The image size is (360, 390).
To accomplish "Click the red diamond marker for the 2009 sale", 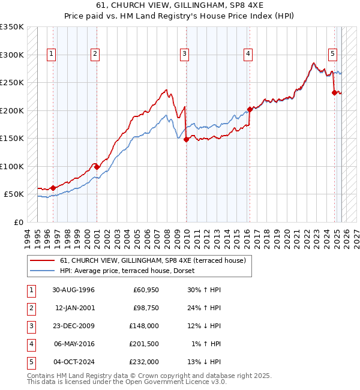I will click(186, 139).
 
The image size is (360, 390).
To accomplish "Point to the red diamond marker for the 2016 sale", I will click(250, 109).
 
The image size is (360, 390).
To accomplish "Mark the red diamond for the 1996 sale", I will click(53, 188).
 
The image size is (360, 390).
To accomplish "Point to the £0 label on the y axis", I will click(18, 222).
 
